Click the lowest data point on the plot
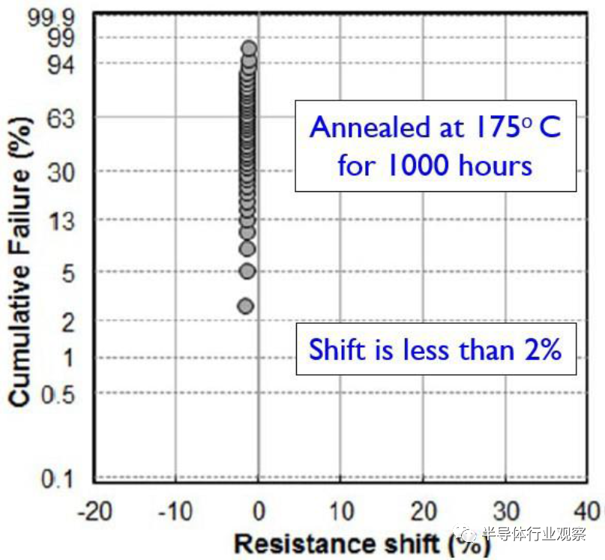pos(245,306)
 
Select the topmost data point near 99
pos(249,49)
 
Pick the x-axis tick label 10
pos(341,513)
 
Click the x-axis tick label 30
pos(506,513)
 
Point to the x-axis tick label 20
pos(424,513)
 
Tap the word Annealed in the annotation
pos(364,127)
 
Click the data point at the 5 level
pos(247,271)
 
